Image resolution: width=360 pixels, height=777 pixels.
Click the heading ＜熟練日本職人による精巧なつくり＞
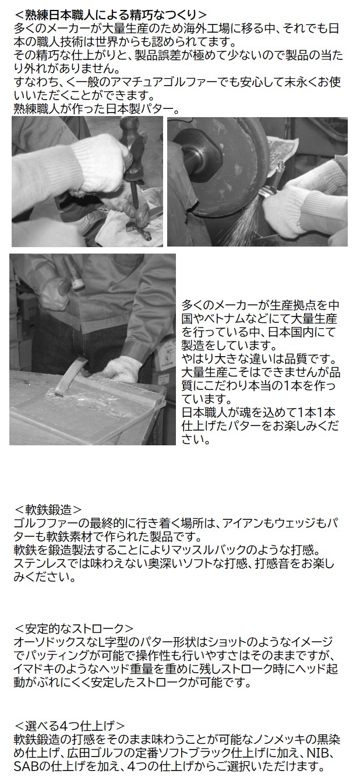pyautogui.click(x=110, y=15)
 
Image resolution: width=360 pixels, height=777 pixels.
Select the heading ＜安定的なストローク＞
pyautogui.click(x=73, y=628)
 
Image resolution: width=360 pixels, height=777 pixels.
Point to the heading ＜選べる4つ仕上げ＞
pyautogui.click(x=69, y=726)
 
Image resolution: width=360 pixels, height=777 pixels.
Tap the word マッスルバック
pyautogui.click(x=219, y=550)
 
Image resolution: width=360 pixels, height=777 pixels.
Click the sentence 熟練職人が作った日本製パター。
pyautogui.click(x=96, y=109)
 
